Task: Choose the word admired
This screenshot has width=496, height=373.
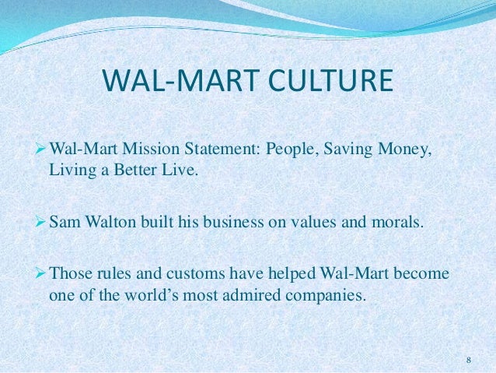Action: tap(269, 297)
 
